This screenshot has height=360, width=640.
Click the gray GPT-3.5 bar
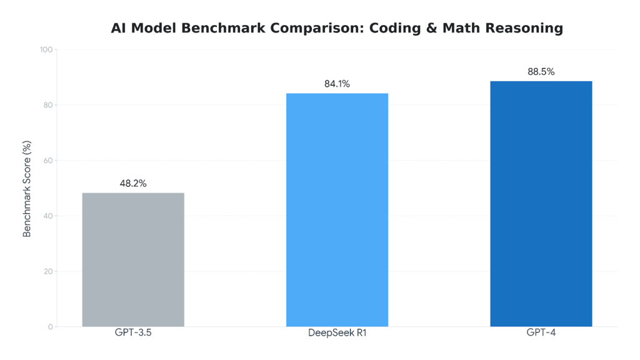[x=133, y=259]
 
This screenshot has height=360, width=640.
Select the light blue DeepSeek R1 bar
[x=337, y=209]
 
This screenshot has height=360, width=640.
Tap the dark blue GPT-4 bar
[x=541, y=203]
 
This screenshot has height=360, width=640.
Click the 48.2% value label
[x=133, y=184]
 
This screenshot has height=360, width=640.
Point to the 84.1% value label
[x=337, y=84]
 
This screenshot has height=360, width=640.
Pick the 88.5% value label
[x=541, y=72]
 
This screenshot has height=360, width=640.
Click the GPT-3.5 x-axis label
[x=133, y=332]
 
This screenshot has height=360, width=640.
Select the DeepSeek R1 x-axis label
[x=337, y=332]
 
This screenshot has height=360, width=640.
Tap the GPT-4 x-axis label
[x=541, y=332]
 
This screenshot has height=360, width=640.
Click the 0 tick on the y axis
[x=50, y=327]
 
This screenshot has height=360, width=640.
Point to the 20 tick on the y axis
[x=47, y=271]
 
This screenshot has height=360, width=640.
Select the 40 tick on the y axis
[x=47, y=216]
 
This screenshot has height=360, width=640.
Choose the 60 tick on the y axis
[x=47, y=161]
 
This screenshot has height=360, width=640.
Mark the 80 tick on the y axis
[x=47, y=105]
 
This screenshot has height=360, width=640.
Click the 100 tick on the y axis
[x=46, y=49]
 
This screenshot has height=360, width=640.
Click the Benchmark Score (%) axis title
[x=27, y=189]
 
